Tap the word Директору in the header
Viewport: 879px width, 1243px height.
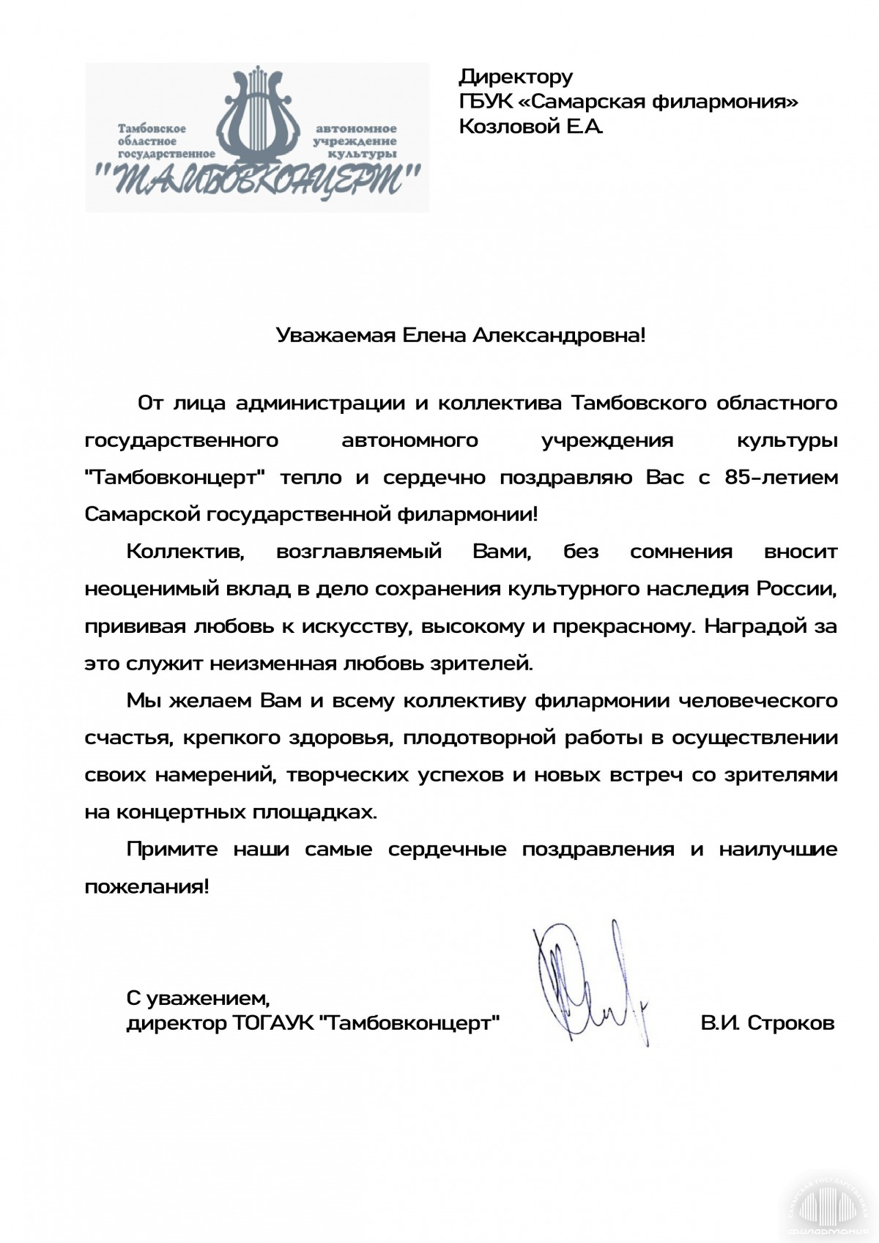[515, 76]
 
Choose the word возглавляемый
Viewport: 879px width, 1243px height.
[359, 552]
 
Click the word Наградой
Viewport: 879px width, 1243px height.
[757, 626]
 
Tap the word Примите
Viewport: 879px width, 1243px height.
[172, 850]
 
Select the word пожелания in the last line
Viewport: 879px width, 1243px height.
[146, 887]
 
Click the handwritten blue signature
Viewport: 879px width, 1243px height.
[590, 982]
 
